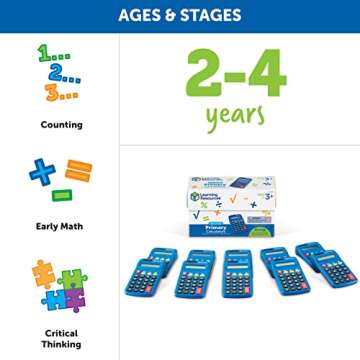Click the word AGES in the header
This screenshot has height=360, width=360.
[143, 15]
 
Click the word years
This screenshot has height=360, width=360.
[236, 117]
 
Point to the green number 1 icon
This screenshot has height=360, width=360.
[46, 55]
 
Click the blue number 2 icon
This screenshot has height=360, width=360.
[58, 74]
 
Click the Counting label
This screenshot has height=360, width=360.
[61, 125]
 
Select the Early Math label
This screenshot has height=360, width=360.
[61, 225]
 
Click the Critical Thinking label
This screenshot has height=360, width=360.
[61, 339]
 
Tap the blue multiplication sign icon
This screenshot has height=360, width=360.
[42, 173]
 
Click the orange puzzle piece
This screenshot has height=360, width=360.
[44, 273]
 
